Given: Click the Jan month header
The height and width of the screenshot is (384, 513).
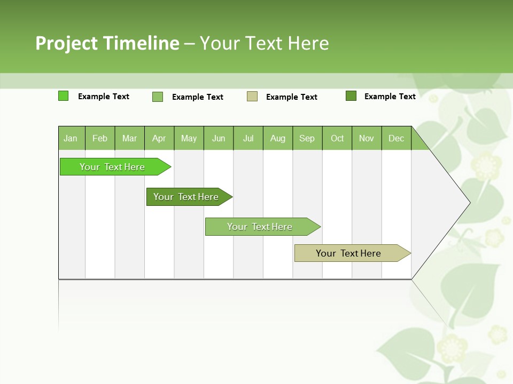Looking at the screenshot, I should (71, 138).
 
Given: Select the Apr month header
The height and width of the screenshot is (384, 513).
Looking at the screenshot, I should (159, 138).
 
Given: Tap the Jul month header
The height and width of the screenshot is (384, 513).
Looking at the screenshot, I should (248, 138).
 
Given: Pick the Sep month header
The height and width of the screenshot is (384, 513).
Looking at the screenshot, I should (307, 138).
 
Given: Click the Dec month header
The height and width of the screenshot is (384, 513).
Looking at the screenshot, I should (396, 138).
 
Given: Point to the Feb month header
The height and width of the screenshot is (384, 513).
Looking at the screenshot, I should (100, 138).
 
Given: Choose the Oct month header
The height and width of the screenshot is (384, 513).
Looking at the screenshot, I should (337, 138).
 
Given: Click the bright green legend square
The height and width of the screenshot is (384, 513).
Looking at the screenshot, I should (63, 96).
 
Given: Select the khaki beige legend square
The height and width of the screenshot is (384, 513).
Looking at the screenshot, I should (252, 97).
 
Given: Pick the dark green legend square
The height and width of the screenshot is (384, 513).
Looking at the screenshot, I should (351, 96).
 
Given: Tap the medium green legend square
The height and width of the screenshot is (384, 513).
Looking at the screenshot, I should (158, 97).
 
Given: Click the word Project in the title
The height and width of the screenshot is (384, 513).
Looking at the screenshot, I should (66, 43).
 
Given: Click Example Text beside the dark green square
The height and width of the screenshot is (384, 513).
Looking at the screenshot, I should (390, 97).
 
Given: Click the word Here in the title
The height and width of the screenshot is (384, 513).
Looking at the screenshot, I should (308, 43).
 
